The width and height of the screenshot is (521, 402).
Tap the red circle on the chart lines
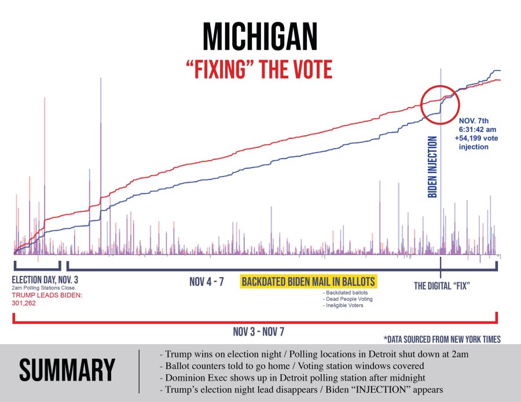pyautogui.click(x=439, y=105)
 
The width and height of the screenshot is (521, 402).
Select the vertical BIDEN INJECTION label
pyautogui.click(x=432, y=167)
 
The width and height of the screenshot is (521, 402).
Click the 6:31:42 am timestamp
pyautogui.click(x=478, y=131)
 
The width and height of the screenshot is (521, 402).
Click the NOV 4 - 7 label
pyautogui.click(x=206, y=282)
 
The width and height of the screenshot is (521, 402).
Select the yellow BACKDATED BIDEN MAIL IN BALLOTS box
pyautogui.click(x=309, y=282)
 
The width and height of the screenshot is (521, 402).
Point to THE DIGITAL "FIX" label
pyautogui.click(x=441, y=285)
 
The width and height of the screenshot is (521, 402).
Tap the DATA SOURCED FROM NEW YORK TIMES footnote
pyautogui.click(x=442, y=340)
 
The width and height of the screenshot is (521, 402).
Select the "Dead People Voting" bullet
pyautogui.click(x=348, y=299)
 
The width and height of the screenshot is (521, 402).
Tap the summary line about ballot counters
pyautogui.click(x=289, y=366)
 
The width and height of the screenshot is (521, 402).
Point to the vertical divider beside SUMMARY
pyautogui.click(x=140, y=371)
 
